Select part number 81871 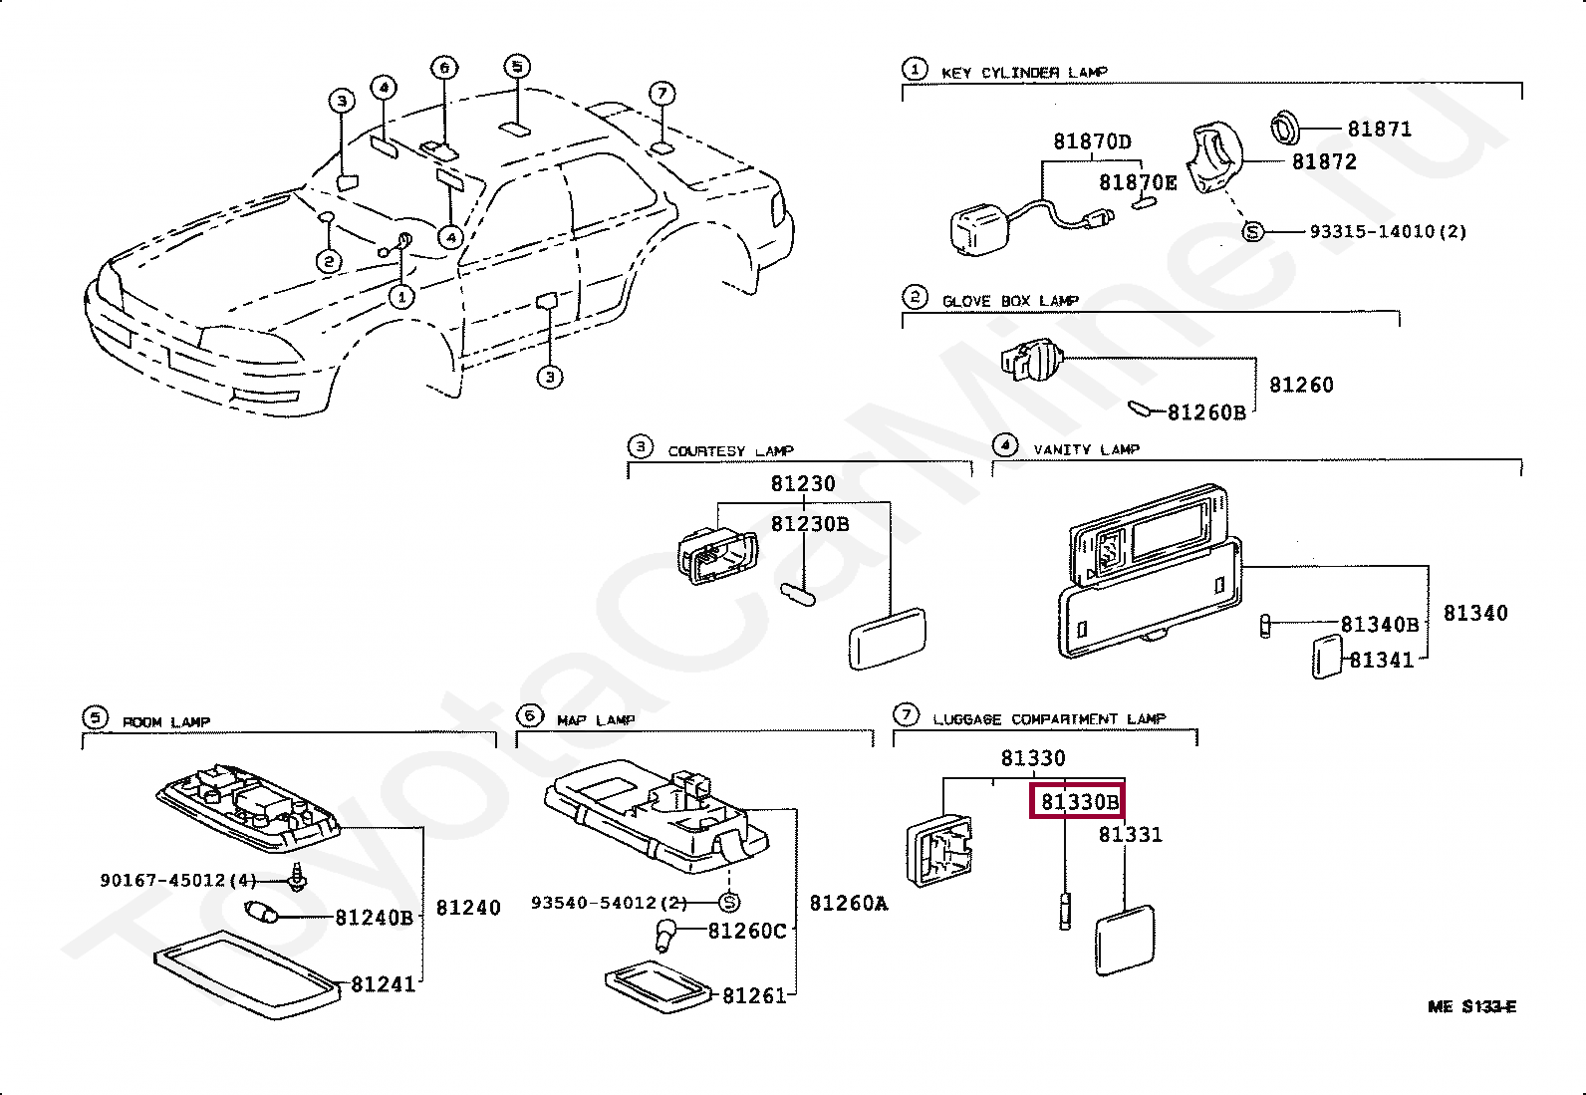(1379, 129)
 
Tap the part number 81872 (1324, 161)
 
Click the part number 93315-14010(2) (1388, 231)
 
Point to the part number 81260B (1206, 412)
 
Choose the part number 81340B (1380, 624)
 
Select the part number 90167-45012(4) (178, 881)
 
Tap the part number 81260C (748, 931)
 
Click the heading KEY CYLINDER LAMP (1024, 73)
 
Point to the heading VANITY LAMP (1087, 449)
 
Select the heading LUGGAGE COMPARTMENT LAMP (1049, 719)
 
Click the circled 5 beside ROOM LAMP (96, 718)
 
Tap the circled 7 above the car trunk (662, 93)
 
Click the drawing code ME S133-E (1472, 1006)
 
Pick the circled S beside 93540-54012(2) (728, 903)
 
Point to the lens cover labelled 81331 (1125, 941)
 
